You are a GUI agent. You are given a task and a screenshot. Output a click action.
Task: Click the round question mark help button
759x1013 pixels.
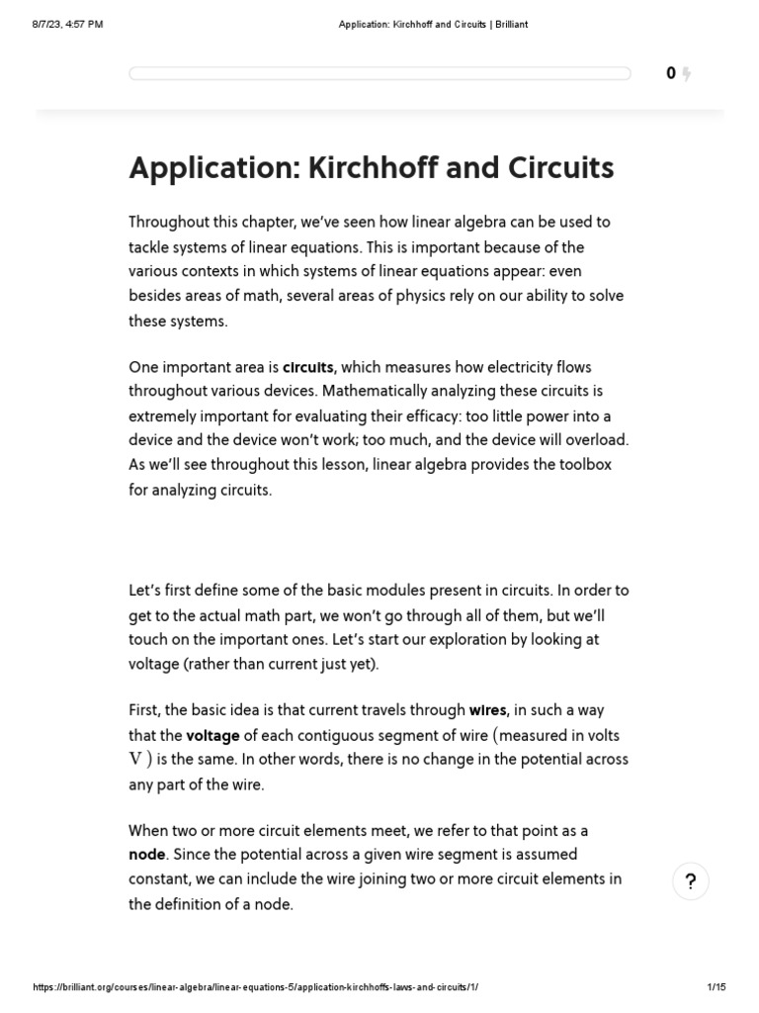coord(691,881)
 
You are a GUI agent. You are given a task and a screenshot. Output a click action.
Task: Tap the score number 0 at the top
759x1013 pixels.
coord(671,73)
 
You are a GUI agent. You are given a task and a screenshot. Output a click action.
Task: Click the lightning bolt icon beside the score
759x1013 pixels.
coord(687,74)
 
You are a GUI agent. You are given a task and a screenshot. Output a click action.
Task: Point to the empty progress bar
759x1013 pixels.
coord(379,73)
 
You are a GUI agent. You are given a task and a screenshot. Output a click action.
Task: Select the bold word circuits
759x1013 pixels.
coord(308,368)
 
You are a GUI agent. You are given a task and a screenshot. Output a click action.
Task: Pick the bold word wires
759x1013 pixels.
coord(488,710)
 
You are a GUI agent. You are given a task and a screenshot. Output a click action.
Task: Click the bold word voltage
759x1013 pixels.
coord(214,735)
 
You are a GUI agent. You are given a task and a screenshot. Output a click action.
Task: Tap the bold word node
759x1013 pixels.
coord(145,854)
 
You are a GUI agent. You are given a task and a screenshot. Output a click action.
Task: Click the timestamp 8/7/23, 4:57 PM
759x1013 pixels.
coord(67,25)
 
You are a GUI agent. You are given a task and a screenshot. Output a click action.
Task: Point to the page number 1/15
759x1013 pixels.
coord(717,988)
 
